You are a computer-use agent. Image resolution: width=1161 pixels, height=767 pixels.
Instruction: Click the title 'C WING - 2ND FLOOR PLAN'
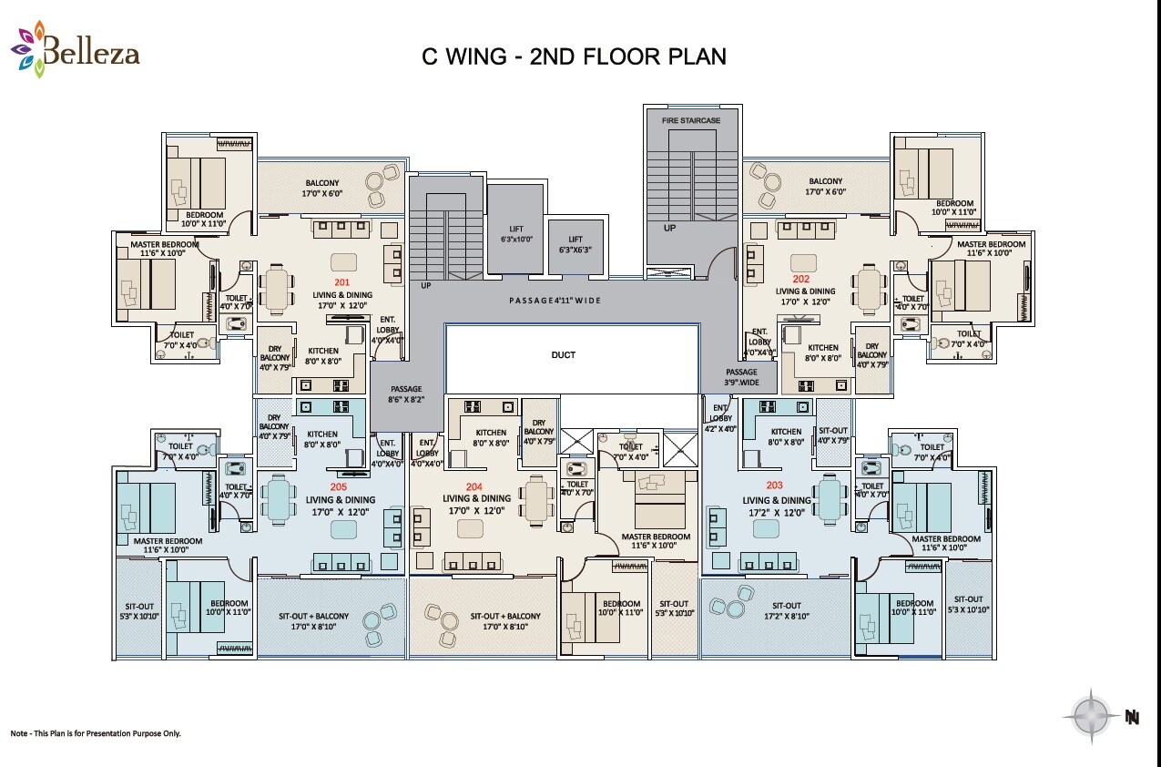[574, 56]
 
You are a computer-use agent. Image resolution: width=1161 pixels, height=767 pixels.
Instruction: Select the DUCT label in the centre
[564, 354]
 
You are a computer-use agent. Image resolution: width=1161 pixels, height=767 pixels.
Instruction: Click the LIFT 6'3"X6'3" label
[575, 245]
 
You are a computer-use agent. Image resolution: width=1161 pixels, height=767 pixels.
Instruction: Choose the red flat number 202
[800, 279]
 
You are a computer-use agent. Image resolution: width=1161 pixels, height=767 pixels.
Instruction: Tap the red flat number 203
[775, 486]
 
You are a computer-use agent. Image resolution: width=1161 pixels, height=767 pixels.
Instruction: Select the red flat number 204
[474, 486]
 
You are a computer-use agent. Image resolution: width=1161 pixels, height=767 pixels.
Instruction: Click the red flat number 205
[339, 486]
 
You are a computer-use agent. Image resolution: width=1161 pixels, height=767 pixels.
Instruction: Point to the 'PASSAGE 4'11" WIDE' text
[555, 301]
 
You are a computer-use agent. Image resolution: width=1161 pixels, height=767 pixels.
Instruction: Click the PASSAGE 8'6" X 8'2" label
[406, 394]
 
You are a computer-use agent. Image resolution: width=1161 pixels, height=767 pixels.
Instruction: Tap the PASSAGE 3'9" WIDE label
[741, 377]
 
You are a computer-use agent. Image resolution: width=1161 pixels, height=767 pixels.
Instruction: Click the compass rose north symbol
[1090, 716]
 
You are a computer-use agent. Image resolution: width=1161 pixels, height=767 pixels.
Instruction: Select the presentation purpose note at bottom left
[96, 733]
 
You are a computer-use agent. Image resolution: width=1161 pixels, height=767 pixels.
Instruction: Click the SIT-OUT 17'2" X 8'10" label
[786, 610]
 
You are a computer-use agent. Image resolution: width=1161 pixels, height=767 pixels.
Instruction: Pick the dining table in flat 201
[276, 291]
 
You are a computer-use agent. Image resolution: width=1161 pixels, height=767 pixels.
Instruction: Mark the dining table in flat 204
[537, 500]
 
